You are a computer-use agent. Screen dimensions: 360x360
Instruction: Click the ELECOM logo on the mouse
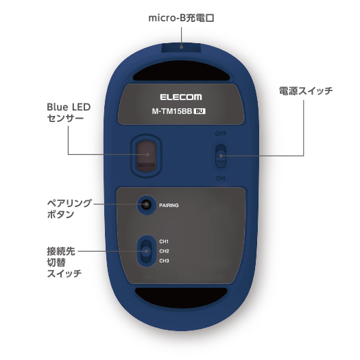pos(181,97)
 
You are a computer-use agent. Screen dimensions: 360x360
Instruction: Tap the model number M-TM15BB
pos(172,111)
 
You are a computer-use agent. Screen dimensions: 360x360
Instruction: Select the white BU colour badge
pos(200,111)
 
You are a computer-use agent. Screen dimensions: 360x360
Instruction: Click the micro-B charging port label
pos(182,18)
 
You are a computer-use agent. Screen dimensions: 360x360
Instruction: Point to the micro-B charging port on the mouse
pos(182,47)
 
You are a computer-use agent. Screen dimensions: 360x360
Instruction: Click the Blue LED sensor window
pos(146,156)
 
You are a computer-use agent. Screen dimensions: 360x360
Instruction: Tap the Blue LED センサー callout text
pos(69,112)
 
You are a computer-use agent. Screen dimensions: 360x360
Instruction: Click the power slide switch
pos(221,156)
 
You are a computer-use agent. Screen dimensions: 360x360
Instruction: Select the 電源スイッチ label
pos(306,91)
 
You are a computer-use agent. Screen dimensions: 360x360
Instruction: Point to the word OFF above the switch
pos(221,134)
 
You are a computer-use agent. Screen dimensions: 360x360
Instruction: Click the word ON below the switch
pos(221,178)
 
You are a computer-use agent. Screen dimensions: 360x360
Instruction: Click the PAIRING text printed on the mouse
pos(169,205)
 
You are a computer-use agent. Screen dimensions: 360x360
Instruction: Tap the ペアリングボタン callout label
pos(69,208)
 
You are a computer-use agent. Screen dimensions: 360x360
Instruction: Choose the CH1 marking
pos(164,241)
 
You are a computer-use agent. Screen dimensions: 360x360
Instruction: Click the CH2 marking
pos(164,251)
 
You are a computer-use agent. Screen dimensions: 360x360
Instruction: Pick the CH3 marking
pos(164,261)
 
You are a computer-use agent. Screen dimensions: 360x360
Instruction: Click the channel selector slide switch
pos(146,251)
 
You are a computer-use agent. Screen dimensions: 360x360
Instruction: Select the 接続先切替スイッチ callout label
pos(64,262)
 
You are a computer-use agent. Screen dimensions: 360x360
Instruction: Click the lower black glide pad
pos(181,298)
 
